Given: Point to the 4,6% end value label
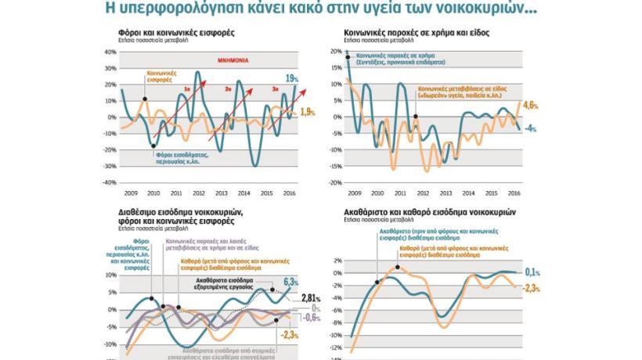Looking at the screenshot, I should pyautogui.click(x=530, y=105).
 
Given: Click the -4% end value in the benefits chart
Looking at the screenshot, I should pyautogui.click(x=530, y=128).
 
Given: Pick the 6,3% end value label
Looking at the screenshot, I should pyautogui.click(x=291, y=282).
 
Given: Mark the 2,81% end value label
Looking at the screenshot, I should pyautogui.click(x=312, y=298).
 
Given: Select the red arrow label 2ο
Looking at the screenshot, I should pyautogui.click(x=228, y=90).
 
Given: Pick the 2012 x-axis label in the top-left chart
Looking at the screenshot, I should pyautogui.click(x=199, y=192).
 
